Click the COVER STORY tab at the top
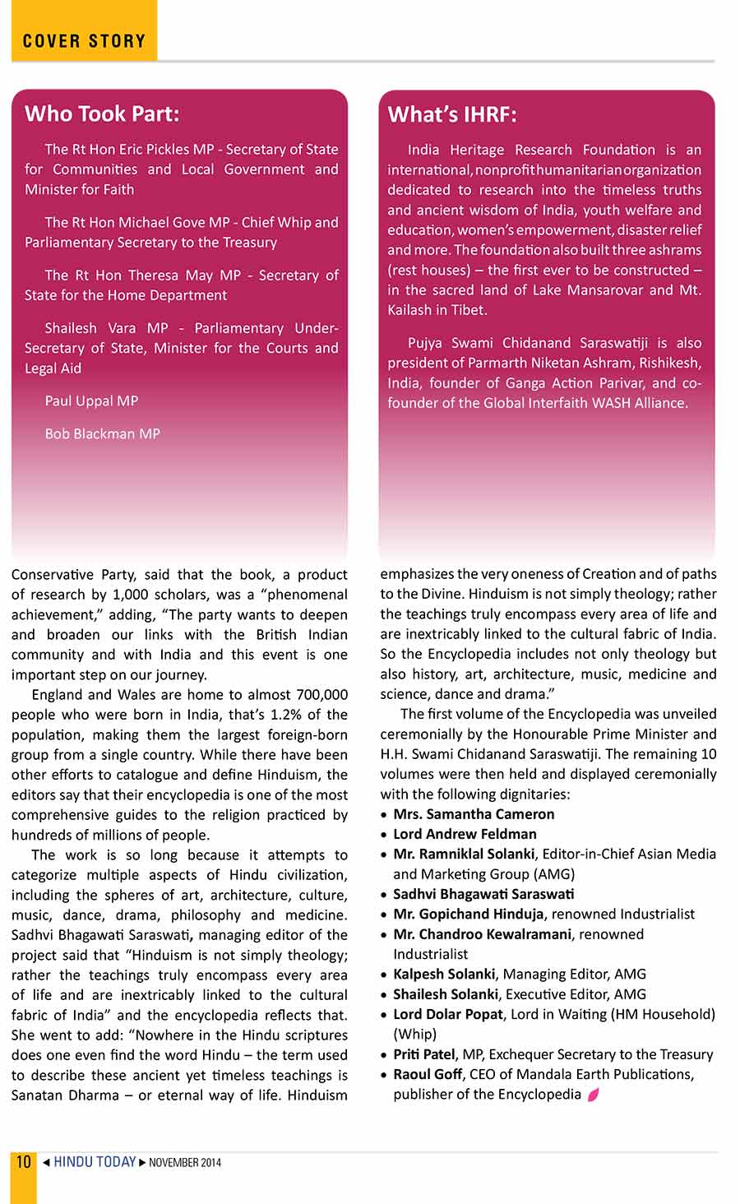pyautogui.click(x=84, y=40)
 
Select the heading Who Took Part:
pyautogui.click(x=102, y=113)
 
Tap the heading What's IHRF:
pyautogui.click(x=452, y=114)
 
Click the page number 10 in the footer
pyautogui.click(x=24, y=1161)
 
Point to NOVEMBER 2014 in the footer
pyautogui.click(x=185, y=1163)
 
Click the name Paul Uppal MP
pyautogui.click(x=91, y=401)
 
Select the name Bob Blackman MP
pyautogui.click(x=102, y=434)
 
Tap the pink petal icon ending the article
pyautogui.click(x=593, y=1095)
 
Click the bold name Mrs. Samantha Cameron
pyautogui.click(x=474, y=814)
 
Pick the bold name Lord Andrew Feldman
pyautogui.click(x=465, y=834)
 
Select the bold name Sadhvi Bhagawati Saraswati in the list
pyautogui.click(x=483, y=894)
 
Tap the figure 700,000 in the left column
pyautogui.click(x=321, y=695)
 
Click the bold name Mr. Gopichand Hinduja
pyautogui.click(x=469, y=914)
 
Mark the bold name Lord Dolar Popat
pyautogui.click(x=448, y=1014)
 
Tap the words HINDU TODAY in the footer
pyautogui.click(x=95, y=1162)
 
